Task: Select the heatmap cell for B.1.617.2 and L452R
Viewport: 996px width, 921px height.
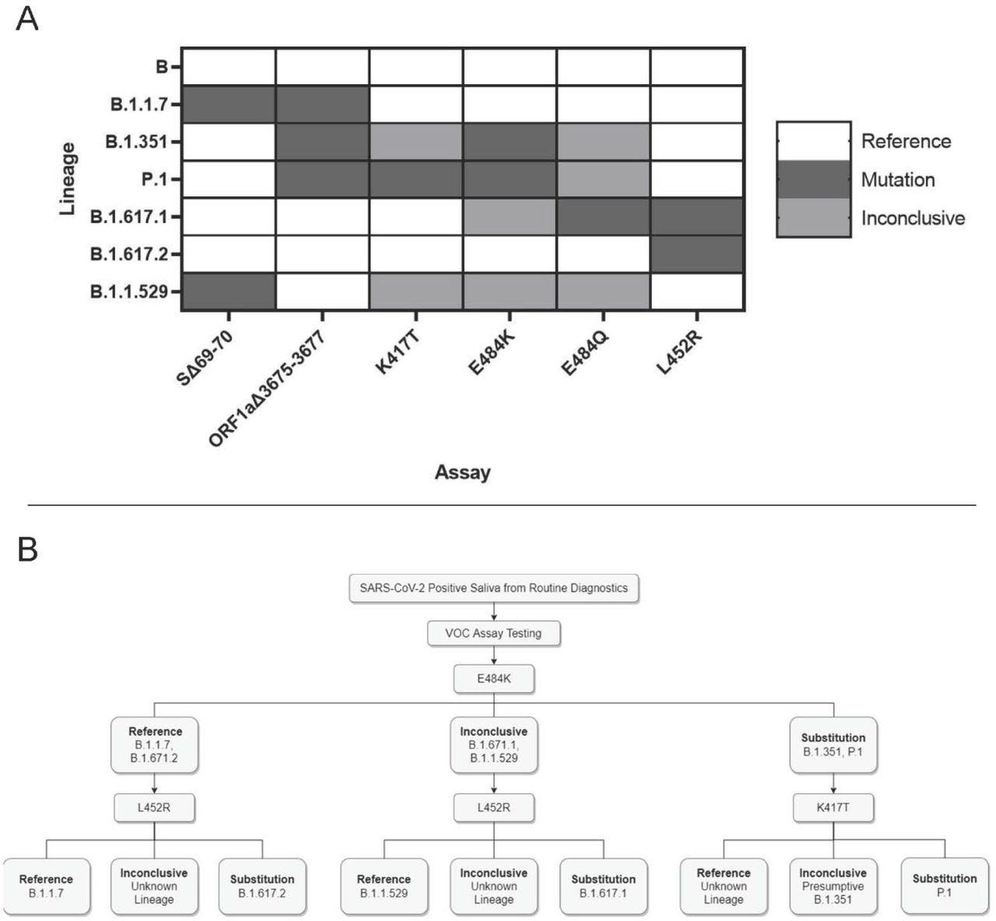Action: pyautogui.click(x=697, y=254)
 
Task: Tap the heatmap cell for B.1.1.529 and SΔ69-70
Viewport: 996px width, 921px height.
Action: pyautogui.click(x=229, y=292)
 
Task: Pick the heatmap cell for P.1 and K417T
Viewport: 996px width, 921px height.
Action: pyautogui.click(x=416, y=179)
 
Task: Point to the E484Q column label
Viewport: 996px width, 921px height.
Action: pyautogui.click(x=584, y=353)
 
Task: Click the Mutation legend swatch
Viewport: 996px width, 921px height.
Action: pyautogui.click(x=814, y=179)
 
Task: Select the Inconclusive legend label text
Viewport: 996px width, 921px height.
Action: pyautogui.click(x=912, y=218)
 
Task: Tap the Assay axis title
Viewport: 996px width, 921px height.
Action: pyautogui.click(x=462, y=472)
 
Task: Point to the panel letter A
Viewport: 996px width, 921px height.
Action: pyautogui.click(x=26, y=18)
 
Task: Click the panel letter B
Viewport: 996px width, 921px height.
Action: pyautogui.click(x=27, y=549)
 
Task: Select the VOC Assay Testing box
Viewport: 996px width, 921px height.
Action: pyautogui.click(x=493, y=633)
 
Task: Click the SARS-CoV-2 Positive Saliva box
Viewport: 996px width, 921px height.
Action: pyautogui.click(x=493, y=589)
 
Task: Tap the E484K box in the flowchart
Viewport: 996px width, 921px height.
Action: pyautogui.click(x=493, y=678)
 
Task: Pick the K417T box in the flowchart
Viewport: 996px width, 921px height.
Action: pyautogui.click(x=833, y=807)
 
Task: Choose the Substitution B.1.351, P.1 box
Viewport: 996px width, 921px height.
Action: pyautogui.click(x=833, y=745)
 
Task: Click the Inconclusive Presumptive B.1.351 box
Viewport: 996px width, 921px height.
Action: pyautogui.click(x=833, y=886)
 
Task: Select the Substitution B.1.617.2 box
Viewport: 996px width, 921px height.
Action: pyautogui.click(x=262, y=886)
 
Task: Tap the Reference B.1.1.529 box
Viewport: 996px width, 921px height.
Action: pyautogui.click(x=384, y=886)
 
